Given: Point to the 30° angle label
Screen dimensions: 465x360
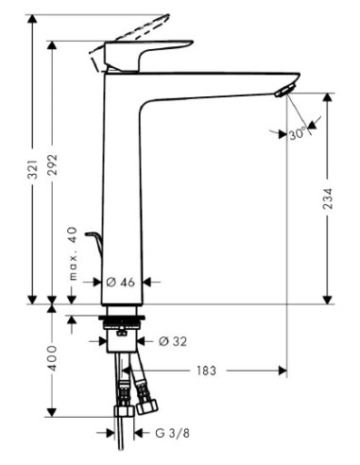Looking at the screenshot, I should pos(300,133).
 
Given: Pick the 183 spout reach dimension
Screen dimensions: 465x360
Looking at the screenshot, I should pos(207,371).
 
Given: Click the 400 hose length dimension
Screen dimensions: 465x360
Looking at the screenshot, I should pos(53,359).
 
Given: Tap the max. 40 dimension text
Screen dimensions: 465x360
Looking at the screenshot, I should pos(72,254).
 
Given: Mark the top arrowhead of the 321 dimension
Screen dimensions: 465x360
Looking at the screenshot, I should pos(34,20).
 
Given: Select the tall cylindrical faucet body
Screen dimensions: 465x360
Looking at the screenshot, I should pos(121,189).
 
